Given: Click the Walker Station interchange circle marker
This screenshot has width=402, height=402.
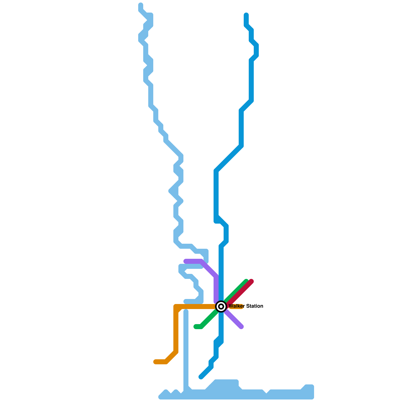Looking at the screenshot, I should click(x=221, y=306).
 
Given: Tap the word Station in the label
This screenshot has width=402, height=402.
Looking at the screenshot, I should click(x=255, y=306).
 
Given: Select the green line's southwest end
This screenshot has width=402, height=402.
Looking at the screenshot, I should click(x=196, y=327).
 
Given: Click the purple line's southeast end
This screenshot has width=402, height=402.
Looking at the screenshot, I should click(x=241, y=327).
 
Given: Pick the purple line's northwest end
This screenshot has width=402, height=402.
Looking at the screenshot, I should click(x=186, y=261).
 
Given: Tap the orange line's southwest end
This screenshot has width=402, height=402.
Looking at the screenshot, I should click(x=156, y=362).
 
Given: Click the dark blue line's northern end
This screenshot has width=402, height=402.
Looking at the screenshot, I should click(x=246, y=15).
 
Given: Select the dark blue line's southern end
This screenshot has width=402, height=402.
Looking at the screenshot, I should click(x=201, y=377).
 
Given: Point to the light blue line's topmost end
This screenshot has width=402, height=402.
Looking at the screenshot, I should click(x=141, y=5).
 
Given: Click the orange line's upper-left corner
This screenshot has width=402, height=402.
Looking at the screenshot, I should click(x=176, y=307).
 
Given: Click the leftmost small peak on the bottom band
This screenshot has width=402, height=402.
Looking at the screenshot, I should click(x=166, y=392).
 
